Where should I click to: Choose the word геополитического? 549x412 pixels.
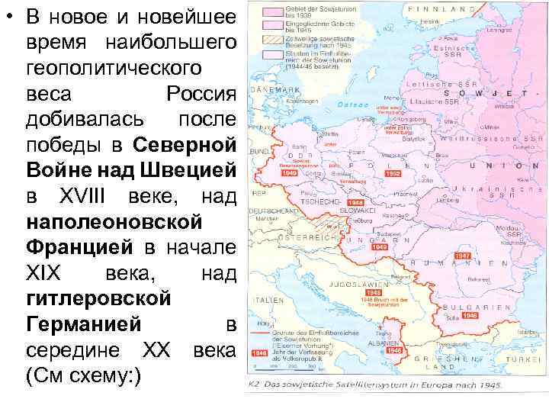tap(114, 68)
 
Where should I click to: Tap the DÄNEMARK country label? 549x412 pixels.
tap(271, 90)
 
